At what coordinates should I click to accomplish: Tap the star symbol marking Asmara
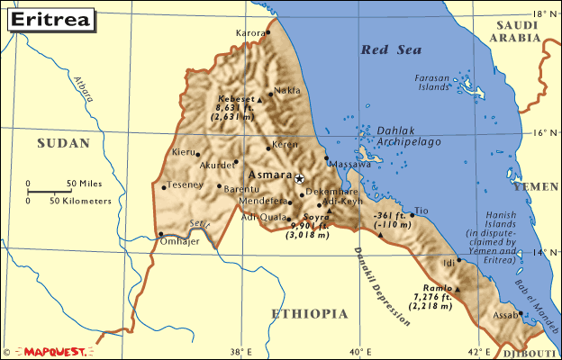[301, 178]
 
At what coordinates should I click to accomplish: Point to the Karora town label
[251, 33]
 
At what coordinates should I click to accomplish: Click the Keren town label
[285, 144]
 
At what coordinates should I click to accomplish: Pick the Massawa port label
[349, 165]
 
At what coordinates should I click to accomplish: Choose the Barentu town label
[240, 188]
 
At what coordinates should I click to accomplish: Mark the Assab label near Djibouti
[505, 315]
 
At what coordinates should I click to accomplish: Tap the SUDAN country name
[63, 143]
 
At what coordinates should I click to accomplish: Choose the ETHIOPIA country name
[309, 313]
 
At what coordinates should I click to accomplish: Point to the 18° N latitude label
[542, 14]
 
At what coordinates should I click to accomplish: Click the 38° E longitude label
[239, 351]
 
